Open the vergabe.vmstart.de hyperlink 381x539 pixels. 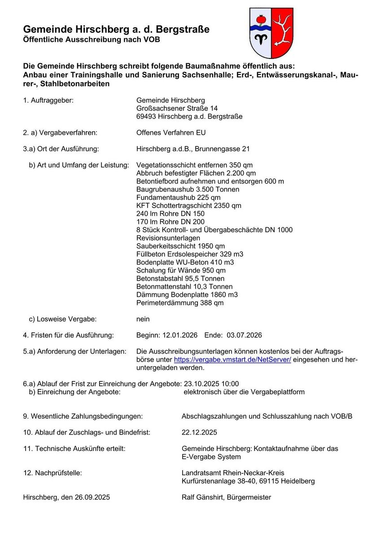click(x=232, y=360)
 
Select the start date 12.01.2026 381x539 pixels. click(x=180, y=335)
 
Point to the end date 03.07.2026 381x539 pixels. click(x=244, y=335)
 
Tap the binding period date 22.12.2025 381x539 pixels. click(x=199, y=433)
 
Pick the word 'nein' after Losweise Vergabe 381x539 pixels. click(x=143, y=319)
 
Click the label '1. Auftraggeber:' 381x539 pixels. click(x=48, y=100)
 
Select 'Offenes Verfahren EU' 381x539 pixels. click(x=171, y=133)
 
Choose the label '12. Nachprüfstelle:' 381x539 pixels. click(x=53, y=473)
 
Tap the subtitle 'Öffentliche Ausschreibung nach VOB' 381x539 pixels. click(x=91, y=40)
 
